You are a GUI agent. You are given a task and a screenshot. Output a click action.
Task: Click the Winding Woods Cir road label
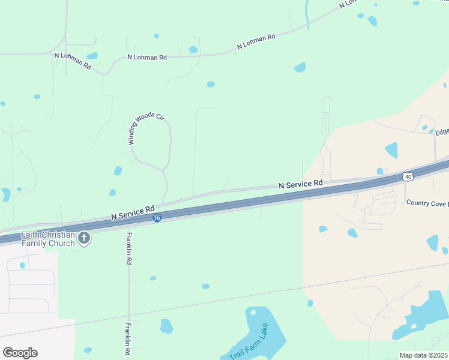[146, 128]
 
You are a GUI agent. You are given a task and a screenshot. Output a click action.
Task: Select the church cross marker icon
[83, 239]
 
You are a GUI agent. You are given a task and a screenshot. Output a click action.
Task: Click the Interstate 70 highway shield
[157, 219]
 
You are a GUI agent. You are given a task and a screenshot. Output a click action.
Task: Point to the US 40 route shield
[408, 176]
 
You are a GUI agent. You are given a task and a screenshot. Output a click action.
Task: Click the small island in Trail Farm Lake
[253, 311]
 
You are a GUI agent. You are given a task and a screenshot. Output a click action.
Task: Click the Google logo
[20, 353]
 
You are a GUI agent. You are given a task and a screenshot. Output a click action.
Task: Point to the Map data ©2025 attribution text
[424, 355]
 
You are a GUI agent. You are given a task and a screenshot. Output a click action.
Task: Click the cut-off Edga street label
[442, 132]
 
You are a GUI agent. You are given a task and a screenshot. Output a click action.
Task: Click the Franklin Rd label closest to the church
[128, 249]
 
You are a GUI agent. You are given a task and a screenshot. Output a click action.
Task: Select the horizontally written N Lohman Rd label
[146, 58]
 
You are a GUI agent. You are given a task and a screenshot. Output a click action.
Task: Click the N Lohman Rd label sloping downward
[72, 61]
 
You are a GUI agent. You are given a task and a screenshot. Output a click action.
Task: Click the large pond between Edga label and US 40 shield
[391, 150]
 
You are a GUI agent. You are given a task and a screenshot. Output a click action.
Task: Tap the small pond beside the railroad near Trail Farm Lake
[310, 303]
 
